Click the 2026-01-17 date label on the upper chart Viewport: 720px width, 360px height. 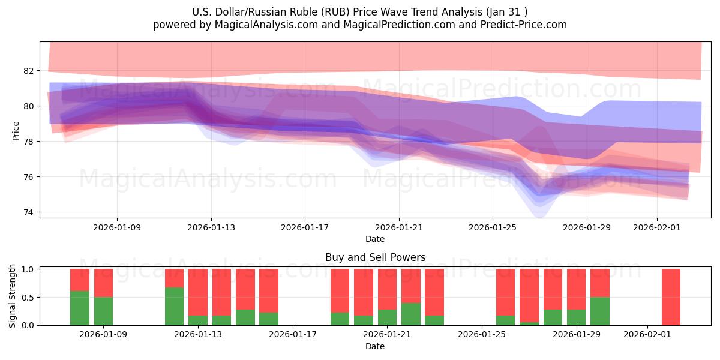pyautogui.click(x=305, y=227)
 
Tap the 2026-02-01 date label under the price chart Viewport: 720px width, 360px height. pyautogui.click(x=657, y=227)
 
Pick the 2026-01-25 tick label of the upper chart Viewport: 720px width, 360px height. pyautogui.click(x=493, y=227)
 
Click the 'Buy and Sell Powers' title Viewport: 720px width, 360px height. pyautogui.click(x=375, y=257)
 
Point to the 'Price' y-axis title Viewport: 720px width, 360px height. pyautogui.click(x=16, y=130)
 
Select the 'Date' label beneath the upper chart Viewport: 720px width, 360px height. pyautogui.click(x=375, y=239)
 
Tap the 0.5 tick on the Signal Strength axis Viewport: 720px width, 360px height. pyautogui.click(x=28, y=298)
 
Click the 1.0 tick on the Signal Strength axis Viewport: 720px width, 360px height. pyautogui.click(x=28, y=269)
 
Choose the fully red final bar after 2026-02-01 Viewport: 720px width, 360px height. pyautogui.click(x=671, y=297)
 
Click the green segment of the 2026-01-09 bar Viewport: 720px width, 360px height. pyautogui.click(x=103, y=311)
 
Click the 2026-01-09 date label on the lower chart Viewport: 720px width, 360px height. pyautogui.click(x=103, y=335)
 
